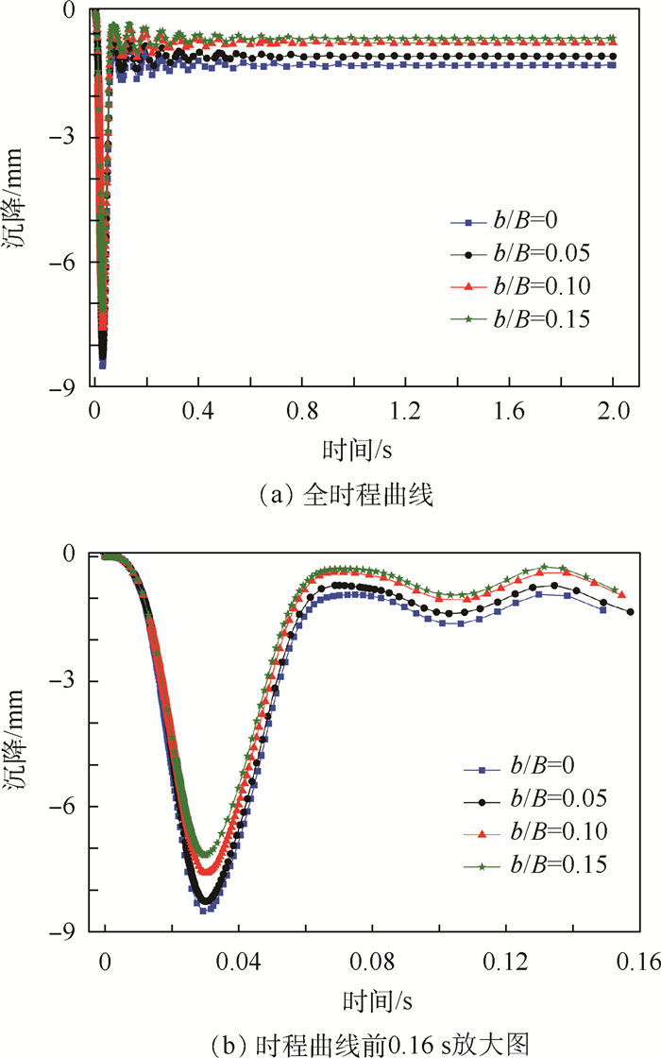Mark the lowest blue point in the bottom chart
204,911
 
